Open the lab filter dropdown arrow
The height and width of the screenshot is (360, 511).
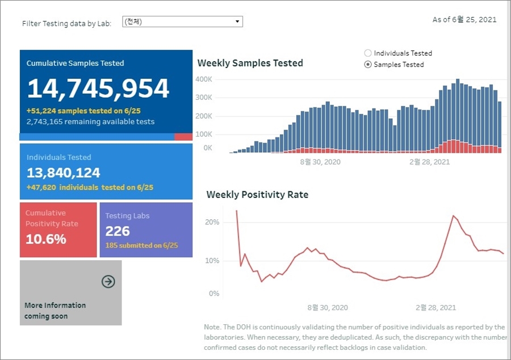[238, 22]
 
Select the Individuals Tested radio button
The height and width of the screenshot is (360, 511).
[368, 53]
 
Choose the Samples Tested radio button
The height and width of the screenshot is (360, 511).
[368, 65]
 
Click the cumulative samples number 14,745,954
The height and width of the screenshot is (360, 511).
[98, 89]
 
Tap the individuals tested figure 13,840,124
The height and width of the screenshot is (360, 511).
[64, 173]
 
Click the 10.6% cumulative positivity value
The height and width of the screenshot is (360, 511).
[46, 239]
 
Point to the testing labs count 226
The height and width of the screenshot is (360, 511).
[118, 231]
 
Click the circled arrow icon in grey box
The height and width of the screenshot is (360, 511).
[108, 282]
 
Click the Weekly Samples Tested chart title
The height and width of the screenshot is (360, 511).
[250, 63]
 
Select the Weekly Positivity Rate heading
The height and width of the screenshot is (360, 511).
[257, 195]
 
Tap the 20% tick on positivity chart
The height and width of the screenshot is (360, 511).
[212, 222]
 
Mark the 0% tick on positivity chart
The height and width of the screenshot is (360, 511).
[213, 294]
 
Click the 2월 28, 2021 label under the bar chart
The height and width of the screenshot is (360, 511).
[429, 162]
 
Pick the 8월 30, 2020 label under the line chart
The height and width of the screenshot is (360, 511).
[328, 308]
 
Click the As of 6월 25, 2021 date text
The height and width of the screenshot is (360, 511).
[464, 20]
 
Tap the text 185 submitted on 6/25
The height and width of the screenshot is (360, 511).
[141, 245]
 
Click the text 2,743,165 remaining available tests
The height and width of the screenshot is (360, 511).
[90, 122]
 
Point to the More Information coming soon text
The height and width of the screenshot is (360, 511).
[55, 311]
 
